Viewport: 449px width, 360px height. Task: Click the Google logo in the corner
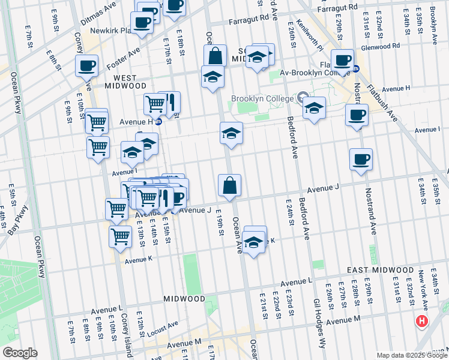20,353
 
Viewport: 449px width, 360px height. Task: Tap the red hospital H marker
422,322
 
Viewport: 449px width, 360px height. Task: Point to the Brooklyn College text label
262,99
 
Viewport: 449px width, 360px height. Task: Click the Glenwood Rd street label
379,46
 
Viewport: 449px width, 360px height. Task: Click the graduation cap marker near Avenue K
254,241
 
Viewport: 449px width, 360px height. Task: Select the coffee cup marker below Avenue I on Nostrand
361,159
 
